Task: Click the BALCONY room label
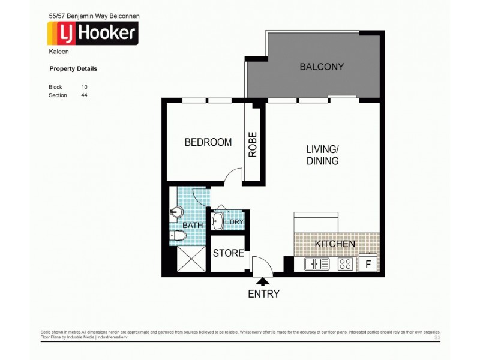[321, 67]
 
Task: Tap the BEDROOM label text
[208, 143]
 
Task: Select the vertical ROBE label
[253, 144]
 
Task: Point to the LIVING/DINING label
[323, 155]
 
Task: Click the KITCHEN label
[335, 244]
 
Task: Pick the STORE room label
[228, 253]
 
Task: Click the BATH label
[193, 225]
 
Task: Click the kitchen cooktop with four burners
[345, 263]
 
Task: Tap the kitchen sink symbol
[316, 263]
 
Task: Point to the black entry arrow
[263, 281]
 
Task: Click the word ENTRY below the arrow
[263, 294]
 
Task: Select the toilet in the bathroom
[179, 236]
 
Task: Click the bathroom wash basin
[176, 211]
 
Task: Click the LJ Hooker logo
[92, 33]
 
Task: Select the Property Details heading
[73, 69]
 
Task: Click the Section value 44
[85, 95]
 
